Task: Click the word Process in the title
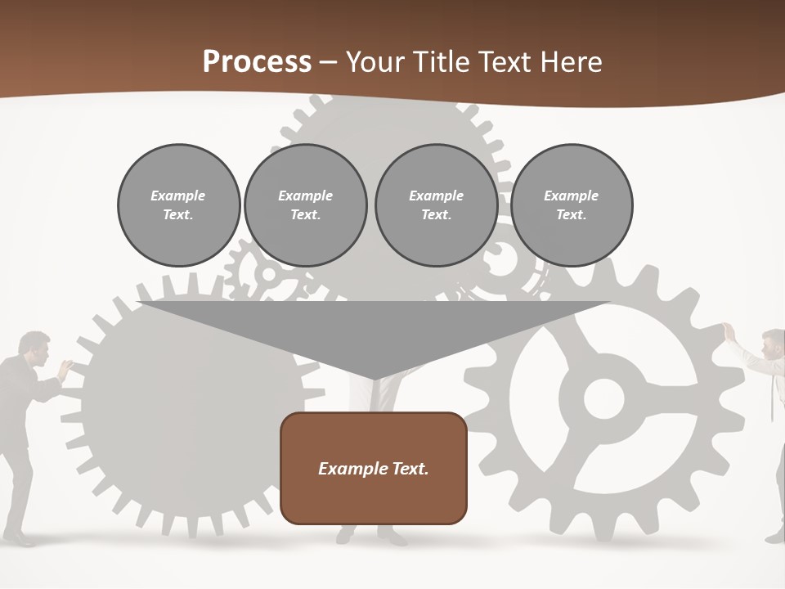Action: (x=257, y=62)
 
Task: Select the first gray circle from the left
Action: (x=178, y=205)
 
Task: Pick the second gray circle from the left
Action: (x=305, y=205)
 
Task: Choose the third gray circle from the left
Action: (x=436, y=205)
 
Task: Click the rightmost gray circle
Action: (x=571, y=205)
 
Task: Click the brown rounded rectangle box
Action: (x=373, y=468)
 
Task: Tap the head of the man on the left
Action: (x=35, y=347)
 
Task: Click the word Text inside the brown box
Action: (x=410, y=469)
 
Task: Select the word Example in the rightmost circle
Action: (x=571, y=196)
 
